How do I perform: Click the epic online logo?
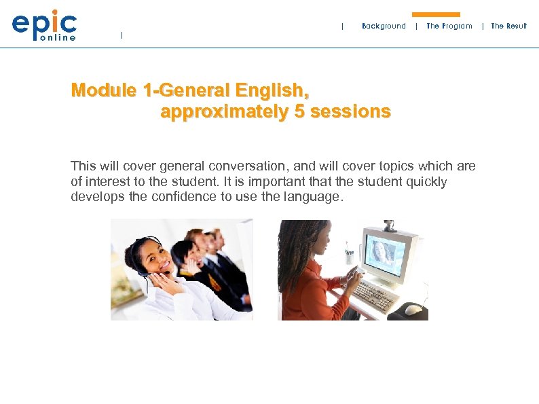[x=44, y=26]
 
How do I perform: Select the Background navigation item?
[x=384, y=26]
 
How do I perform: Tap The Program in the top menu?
[x=449, y=26]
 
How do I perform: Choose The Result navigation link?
[x=508, y=26]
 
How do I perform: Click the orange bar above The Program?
[x=436, y=14]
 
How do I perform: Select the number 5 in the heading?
[x=299, y=112]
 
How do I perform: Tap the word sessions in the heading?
[x=350, y=112]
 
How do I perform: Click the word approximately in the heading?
[x=225, y=112]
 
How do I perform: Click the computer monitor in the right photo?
[x=388, y=252]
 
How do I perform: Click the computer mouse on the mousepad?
[x=413, y=309]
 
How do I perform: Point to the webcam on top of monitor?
[x=390, y=225]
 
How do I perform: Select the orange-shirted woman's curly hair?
[x=293, y=244]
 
